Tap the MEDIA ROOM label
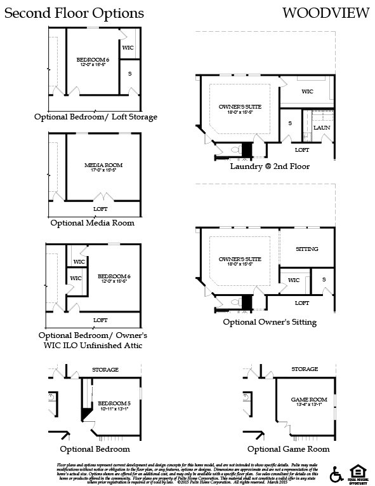[98, 165]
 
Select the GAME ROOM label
[304, 400]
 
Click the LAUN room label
[322, 128]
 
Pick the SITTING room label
[307, 249]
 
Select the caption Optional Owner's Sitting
[270, 322]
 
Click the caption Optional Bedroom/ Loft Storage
[96, 117]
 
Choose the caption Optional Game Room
[289, 449]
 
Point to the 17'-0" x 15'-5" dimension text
[98, 171]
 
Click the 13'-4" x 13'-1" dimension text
[304, 406]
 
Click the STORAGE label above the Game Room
[304, 368]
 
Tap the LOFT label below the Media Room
[100, 207]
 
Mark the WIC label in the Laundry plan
[307, 91]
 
